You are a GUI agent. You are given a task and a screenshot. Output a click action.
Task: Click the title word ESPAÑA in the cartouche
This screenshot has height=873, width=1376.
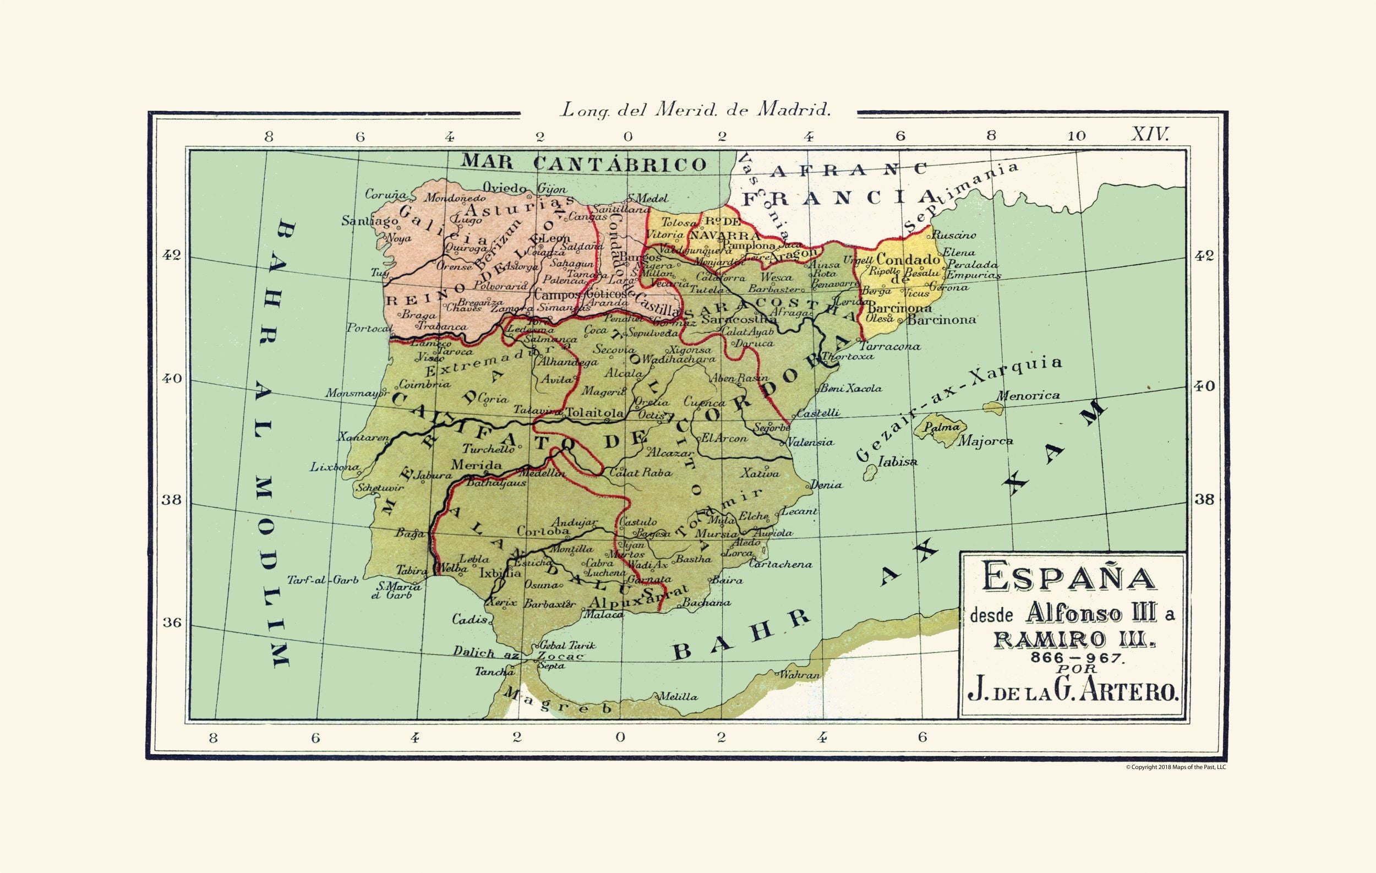pos(1068,578)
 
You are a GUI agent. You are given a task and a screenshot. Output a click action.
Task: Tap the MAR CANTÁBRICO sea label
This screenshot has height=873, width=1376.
pos(583,163)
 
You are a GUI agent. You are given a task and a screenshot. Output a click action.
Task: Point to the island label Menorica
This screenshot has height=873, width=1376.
pos(1028,395)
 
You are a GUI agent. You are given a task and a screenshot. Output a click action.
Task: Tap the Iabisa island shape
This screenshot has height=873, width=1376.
pos(870,472)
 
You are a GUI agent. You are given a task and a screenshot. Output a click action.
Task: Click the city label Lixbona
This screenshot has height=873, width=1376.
pos(334,467)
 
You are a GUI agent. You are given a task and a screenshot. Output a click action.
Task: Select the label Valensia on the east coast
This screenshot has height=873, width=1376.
pos(810,441)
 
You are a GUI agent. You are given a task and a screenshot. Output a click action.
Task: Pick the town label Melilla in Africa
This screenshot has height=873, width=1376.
pos(678,697)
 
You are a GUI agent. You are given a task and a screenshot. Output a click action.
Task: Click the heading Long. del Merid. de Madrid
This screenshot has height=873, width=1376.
pos(695,110)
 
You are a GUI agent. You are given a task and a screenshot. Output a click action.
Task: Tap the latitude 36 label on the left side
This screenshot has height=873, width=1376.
pos(171,622)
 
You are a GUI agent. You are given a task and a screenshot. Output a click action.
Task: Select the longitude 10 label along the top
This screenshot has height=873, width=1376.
pos(1076,136)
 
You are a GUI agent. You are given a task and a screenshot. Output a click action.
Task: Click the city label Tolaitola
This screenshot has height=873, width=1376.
pos(594,412)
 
